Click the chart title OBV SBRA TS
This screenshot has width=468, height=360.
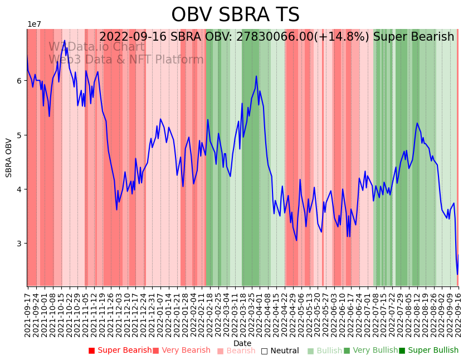(x=235, y=15)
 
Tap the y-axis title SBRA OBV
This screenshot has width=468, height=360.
(x=9, y=158)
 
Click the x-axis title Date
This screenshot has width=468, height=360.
(x=242, y=343)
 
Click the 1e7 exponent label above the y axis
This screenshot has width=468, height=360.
(x=34, y=25)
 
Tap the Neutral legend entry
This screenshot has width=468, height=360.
(x=281, y=351)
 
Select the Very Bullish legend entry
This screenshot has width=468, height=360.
(x=370, y=351)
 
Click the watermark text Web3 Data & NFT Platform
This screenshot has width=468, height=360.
(x=126, y=60)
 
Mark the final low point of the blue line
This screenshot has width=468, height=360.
(x=457, y=274)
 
